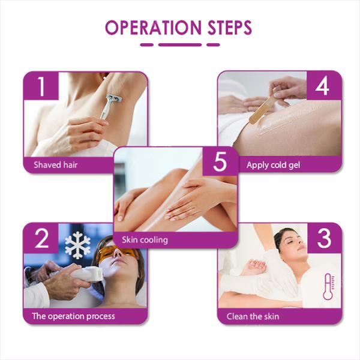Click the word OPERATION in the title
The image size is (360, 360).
tap(153, 28)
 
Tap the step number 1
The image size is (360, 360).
tap(41, 87)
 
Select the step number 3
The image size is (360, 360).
tap(324, 238)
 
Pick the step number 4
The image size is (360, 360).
tap(323, 86)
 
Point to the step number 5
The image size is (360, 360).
tap(220, 162)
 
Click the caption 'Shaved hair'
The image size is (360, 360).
tap(56, 164)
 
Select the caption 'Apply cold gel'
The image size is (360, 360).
tap(273, 164)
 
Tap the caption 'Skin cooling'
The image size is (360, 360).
tap(145, 240)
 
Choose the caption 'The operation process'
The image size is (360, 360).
tap(74, 316)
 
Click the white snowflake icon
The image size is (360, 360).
tap(77, 245)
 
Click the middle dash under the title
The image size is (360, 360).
tap(180, 44)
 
